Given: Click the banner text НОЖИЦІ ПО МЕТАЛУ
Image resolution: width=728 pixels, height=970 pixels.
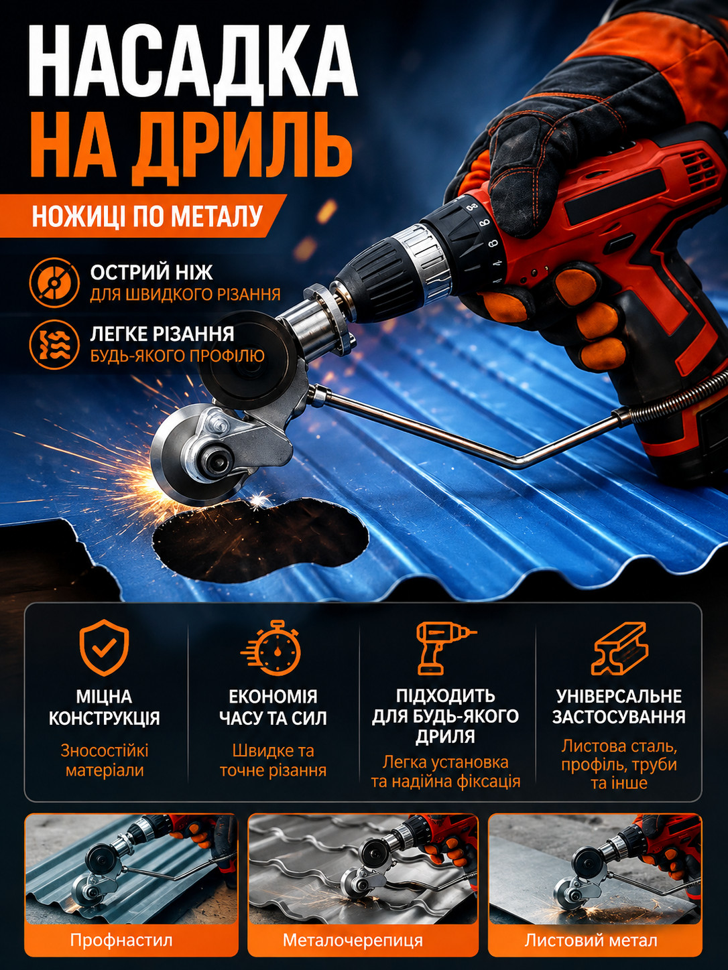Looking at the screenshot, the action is pos(147,216).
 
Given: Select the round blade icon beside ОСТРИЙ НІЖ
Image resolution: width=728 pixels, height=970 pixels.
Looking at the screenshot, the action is pos(54,283).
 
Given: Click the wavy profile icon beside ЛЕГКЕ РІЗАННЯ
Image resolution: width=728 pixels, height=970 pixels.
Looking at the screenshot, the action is pos(54,344).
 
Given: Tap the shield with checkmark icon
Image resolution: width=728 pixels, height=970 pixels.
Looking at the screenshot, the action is pos(104,647).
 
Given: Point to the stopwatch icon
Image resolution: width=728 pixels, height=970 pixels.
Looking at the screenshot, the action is pos(272,648).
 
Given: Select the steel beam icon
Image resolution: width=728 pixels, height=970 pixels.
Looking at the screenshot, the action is pos(619,648).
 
